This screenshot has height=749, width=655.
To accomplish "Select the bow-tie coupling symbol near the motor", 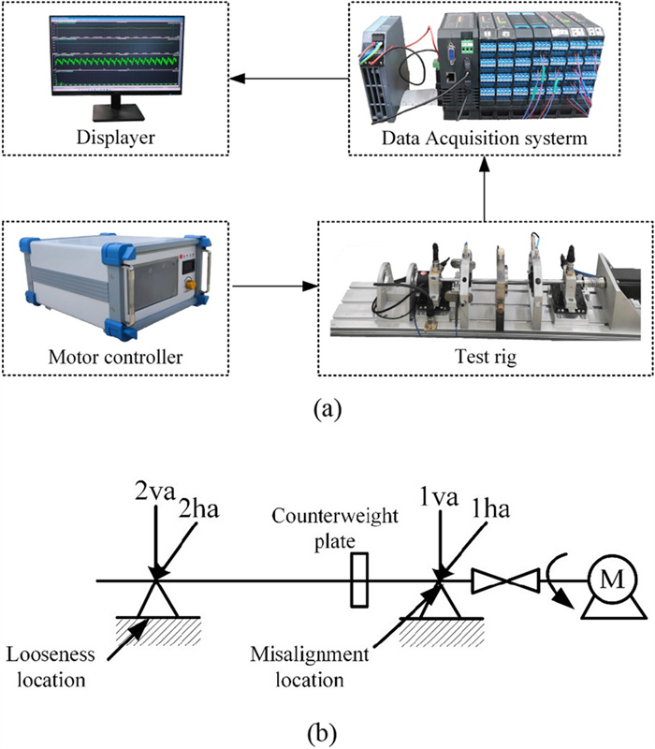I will pyautogui.click(x=506, y=582).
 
